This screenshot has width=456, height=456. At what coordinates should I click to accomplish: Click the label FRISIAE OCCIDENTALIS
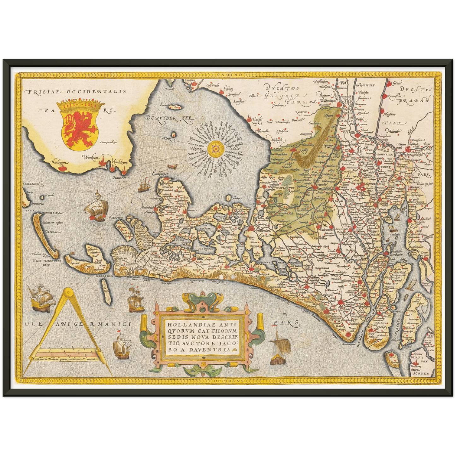[x=77, y=92]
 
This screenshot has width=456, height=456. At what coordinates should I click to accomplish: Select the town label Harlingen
[x=59, y=162]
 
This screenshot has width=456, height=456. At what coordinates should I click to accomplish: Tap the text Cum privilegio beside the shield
[x=108, y=142]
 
